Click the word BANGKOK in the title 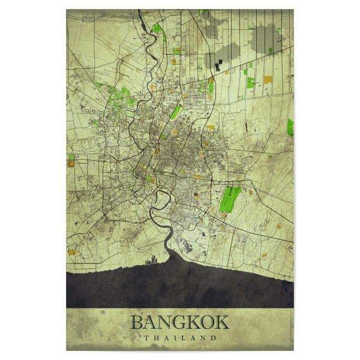[x=179, y=322]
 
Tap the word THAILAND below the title [x=179, y=338]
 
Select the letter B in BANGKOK [x=137, y=322]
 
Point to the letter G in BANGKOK [x=179, y=322]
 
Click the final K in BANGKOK [x=221, y=322]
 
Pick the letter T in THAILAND [x=146, y=338]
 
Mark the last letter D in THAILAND [x=213, y=338]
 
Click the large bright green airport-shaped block [x=229, y=199]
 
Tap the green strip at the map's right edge [x=290, y=127]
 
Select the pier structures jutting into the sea [x=151, y=259]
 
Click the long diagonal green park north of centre [x=176, y=112]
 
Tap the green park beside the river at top [x=158, y=28]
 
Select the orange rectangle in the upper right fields [x=268, y=79]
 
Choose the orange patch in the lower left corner [x=73, y=252]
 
